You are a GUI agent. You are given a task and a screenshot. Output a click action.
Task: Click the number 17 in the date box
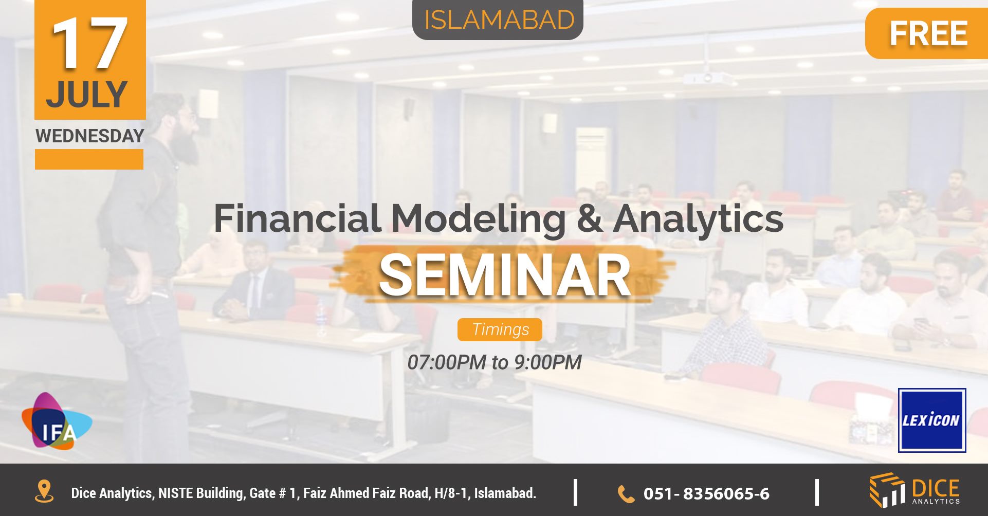tap(89, 44)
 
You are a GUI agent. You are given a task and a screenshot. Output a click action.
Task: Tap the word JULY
tap(87, 95)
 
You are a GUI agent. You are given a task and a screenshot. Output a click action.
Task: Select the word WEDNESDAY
tap(90, 136)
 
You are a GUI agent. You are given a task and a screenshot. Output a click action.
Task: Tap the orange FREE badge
tap(927, 34)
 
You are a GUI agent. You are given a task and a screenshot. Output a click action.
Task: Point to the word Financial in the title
tap(297, 218)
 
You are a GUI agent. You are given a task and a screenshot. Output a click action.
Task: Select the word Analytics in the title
tap(698, 219)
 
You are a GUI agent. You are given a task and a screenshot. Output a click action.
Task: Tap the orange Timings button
tap(500, 329)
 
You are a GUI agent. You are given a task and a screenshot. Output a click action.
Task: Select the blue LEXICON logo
tap(931, 420)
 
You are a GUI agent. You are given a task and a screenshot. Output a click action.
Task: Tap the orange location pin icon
tap(44, 491)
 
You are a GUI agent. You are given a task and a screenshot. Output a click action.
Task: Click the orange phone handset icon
tap(626, 494)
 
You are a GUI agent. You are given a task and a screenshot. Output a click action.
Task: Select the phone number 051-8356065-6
tap(706, 494)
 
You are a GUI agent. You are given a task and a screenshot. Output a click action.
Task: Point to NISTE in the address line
tap(175, 493)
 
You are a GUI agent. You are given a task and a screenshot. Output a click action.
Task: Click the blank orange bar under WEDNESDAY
tap(89, 159)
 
